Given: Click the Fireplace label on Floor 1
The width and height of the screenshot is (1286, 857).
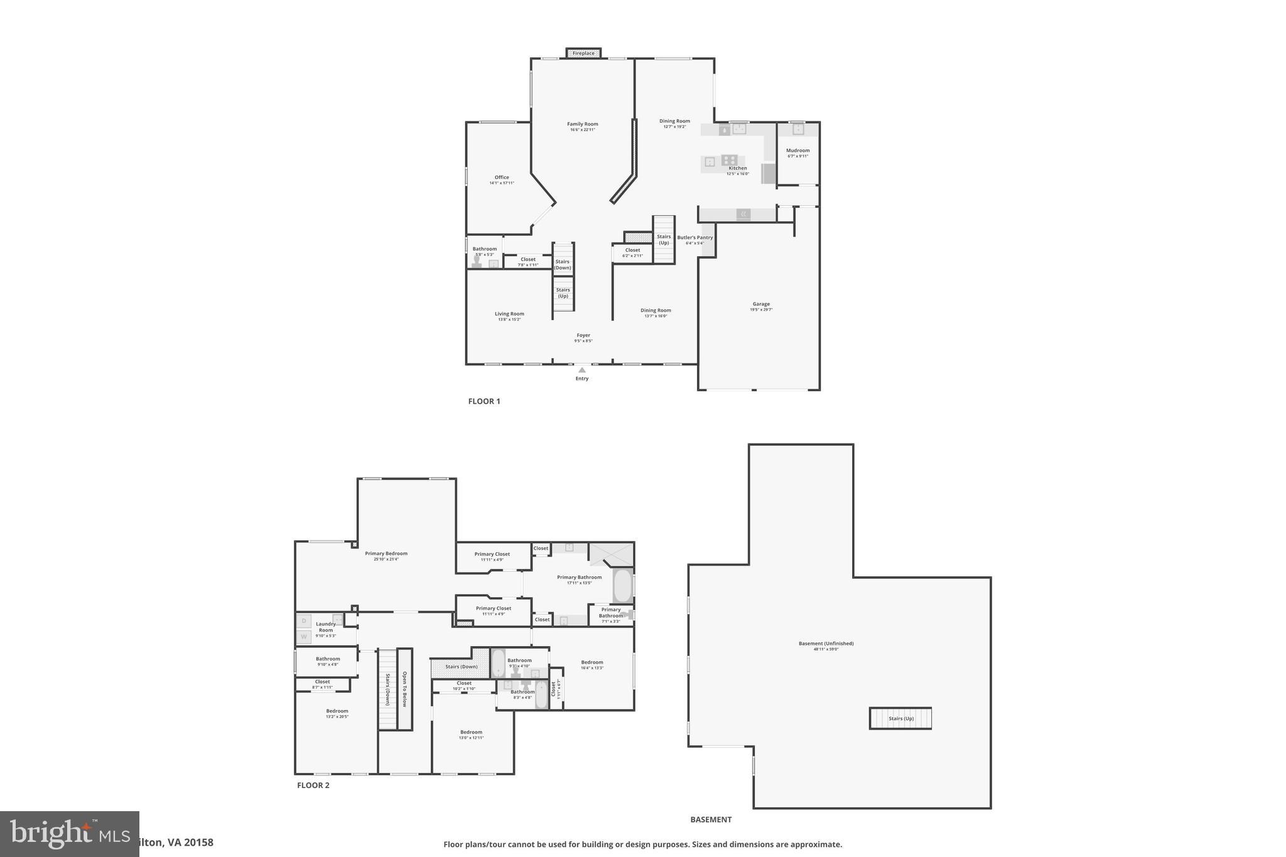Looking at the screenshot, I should [x=583, y=53].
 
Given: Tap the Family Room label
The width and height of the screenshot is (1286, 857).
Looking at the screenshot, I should [x=582, y=124].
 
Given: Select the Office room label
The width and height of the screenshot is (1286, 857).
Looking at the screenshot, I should [x=502, y=178].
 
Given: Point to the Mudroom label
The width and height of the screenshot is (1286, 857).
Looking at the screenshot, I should [x=798, y=151].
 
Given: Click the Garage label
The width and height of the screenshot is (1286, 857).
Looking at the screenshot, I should [x=761, y=305].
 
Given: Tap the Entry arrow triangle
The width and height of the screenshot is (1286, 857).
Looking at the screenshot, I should [x=582, y=370].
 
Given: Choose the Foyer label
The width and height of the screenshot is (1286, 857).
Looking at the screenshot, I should [x=583, y=336].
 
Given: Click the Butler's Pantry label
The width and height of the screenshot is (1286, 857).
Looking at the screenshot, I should [x=695, y=238].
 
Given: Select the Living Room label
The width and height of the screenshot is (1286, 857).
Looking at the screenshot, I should [x=509, y=314].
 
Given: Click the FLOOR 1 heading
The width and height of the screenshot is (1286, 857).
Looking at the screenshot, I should [x=484, y=401].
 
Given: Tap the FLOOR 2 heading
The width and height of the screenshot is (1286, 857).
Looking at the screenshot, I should [x=313, y=785].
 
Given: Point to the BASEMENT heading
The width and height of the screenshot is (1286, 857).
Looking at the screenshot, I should [x=711, y=819].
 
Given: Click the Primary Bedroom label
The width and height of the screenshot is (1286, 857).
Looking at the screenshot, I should [x=386, y=554].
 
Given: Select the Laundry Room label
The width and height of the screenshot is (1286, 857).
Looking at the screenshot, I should [x=326, y=627].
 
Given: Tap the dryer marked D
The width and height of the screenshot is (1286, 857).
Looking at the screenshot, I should [x=304, y=621].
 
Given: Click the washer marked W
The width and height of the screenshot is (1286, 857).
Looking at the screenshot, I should [x=304, y=637].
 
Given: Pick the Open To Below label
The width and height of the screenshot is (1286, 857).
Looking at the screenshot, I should [x=405, y=689].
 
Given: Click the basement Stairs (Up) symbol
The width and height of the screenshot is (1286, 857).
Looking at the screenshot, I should [x=900, y=718].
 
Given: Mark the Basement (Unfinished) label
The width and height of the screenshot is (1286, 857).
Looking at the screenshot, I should [x=826, y=644].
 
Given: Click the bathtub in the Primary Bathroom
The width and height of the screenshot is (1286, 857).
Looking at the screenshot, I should [x=622, y=586].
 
